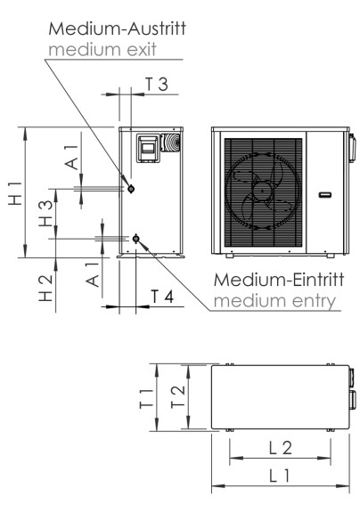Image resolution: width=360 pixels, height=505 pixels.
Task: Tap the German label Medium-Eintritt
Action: click(x=276, y=280)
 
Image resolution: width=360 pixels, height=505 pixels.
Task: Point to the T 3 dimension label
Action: click(x=156, y=84)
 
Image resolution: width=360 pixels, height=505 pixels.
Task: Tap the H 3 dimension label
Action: click(x=47, y=215)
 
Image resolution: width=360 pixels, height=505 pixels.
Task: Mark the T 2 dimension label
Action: click(x=178, y=397)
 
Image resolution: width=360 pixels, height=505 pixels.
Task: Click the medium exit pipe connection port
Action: click(x=131, y=189)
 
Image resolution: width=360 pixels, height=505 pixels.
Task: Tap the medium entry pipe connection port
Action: click(x=135, y=238)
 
